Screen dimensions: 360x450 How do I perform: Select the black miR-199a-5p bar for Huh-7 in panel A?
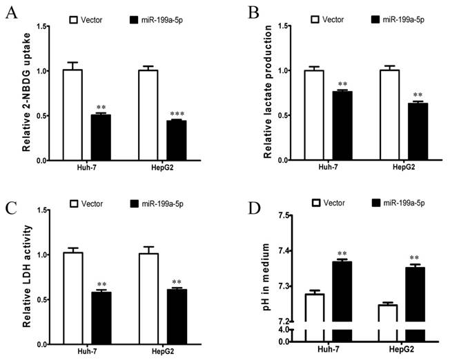(x=101, y=137)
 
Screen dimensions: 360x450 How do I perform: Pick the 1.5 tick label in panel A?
(x=40, y=27)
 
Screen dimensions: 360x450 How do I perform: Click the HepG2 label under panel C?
(x=168, y=354)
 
